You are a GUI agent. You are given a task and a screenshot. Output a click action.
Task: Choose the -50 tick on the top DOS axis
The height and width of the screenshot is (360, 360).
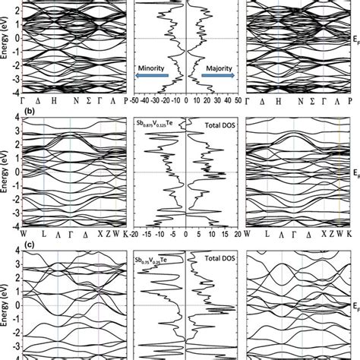click(x=134, y=99)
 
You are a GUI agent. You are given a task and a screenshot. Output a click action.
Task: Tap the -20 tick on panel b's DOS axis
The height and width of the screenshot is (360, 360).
click(x=134, y=234)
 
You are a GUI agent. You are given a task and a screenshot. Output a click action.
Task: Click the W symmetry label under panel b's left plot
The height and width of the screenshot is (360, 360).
click(x=25, y=235)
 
